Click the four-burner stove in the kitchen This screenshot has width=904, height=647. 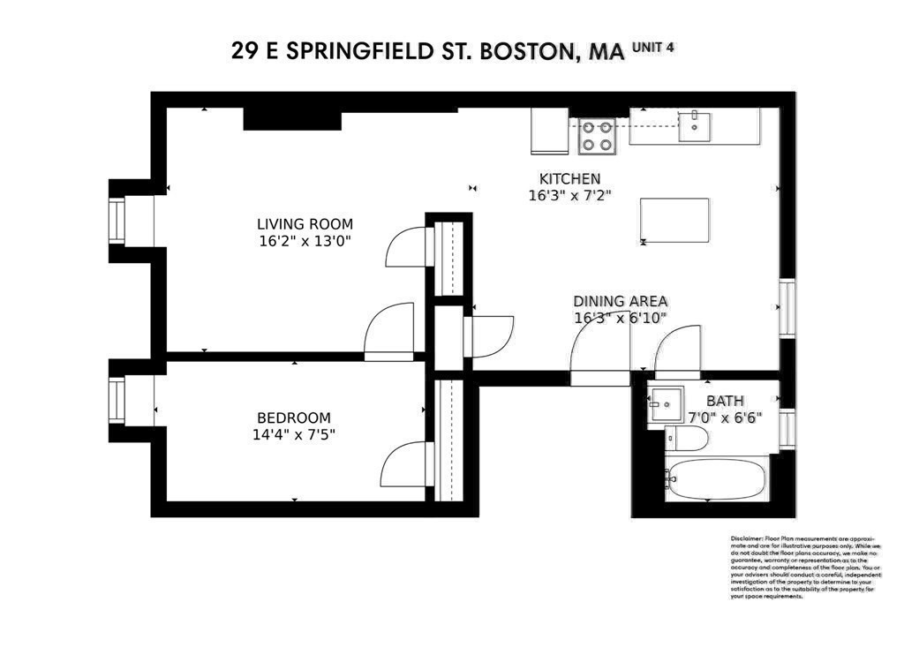[x=596, y=136]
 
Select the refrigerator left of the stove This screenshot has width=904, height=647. [x=549, y=132]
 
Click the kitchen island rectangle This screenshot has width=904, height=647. [x=675, y=220]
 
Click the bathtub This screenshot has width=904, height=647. [x=715, y=480]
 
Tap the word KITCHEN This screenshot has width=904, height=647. [x=570, y=178]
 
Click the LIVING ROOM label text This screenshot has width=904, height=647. [x=305, y=224]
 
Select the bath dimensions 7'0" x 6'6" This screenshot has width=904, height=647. [x=724, y=417]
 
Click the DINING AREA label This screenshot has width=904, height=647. [x=620, y=301]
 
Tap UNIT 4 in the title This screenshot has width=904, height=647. [x=653, y=48]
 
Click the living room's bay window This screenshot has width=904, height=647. [x=117, y=221]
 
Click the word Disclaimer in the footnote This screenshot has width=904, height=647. [x=747, y=538]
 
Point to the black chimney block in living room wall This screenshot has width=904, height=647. [x=291, y=119]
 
